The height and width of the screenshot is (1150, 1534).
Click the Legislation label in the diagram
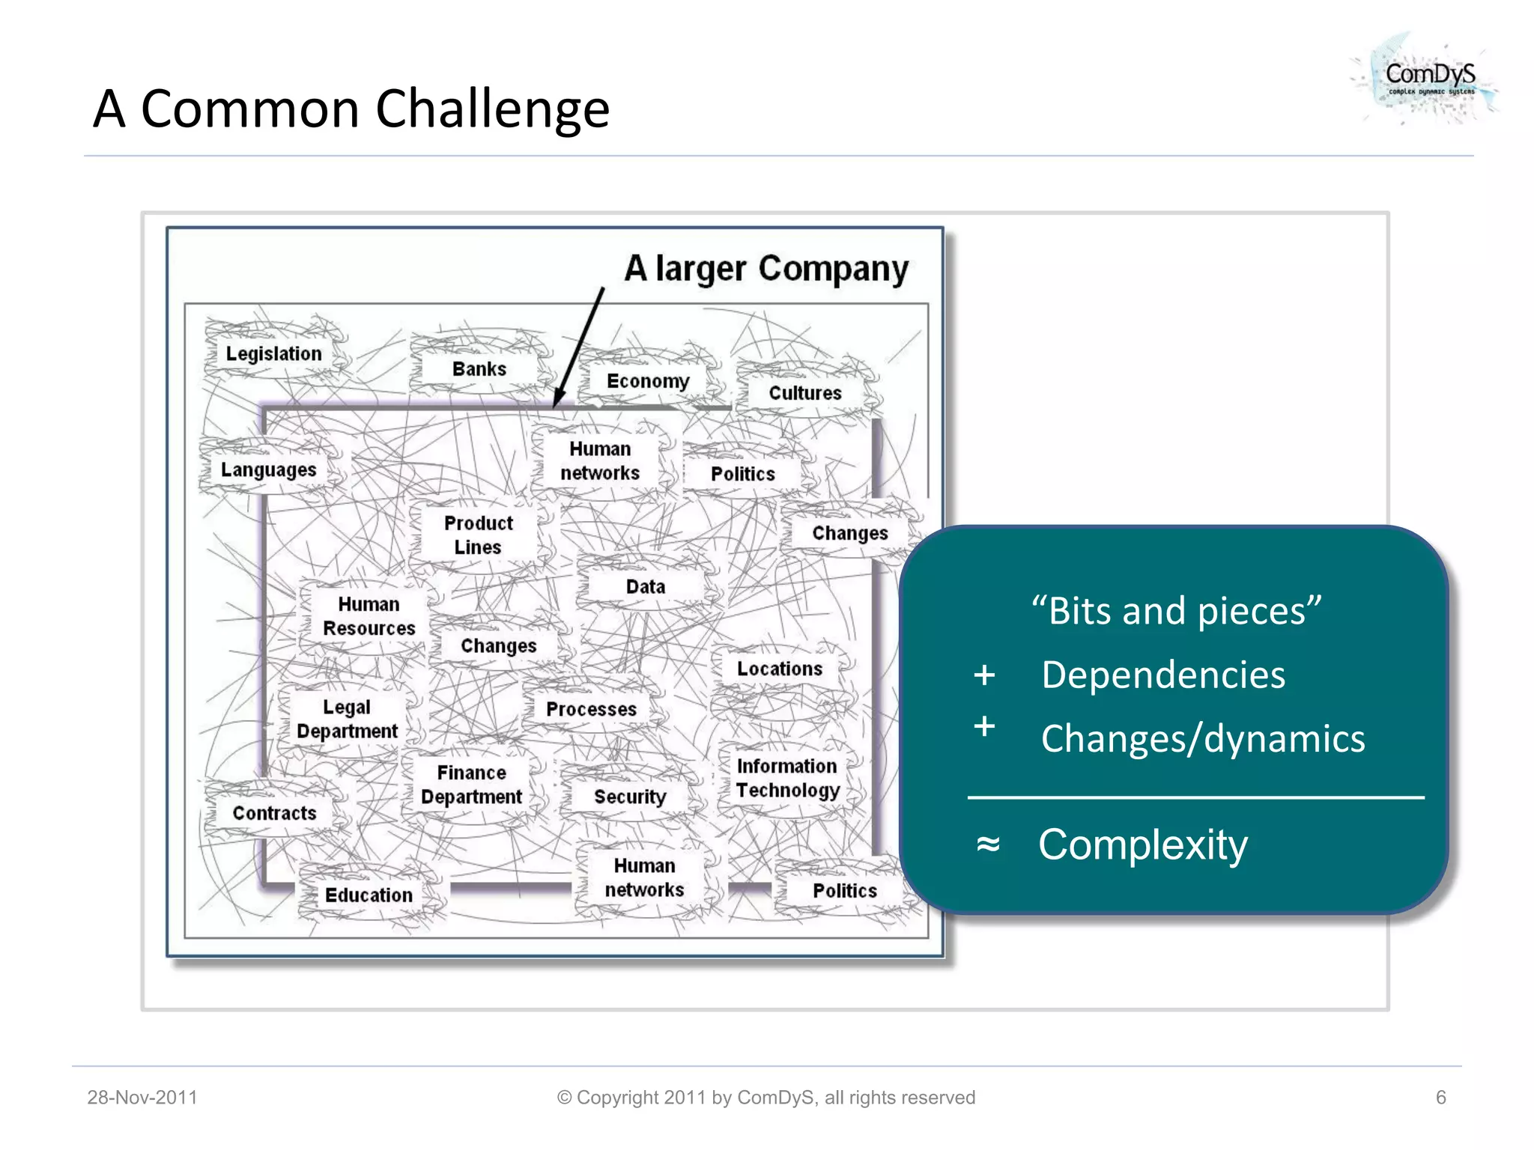coord(273,353)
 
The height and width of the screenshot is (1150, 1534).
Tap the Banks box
coord(479,369)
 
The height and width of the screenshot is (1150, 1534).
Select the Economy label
coord(648,381)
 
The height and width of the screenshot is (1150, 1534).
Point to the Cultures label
coord(805,393)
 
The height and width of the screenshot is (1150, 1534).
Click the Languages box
coord(268,470)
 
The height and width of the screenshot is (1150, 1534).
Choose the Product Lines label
coord(478,535)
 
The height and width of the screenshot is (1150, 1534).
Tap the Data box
coord(646,586)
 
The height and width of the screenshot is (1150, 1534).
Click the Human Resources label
coord(369,615)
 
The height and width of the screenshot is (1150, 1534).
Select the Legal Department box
coord(347,719)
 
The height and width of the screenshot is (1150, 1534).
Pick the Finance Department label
coord(471,785)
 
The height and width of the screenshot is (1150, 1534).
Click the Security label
coord(630,797)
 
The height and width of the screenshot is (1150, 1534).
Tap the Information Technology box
coord(787,778)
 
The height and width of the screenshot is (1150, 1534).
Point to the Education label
coord(369,895)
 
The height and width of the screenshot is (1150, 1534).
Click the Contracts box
coord(274,813)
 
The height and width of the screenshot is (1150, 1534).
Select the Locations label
coord(780,669)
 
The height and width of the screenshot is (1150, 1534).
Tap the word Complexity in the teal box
coord(1143,845)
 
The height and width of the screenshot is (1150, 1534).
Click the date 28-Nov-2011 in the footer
coord(142,1098)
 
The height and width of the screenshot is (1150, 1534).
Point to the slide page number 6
coord(1440,1098)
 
